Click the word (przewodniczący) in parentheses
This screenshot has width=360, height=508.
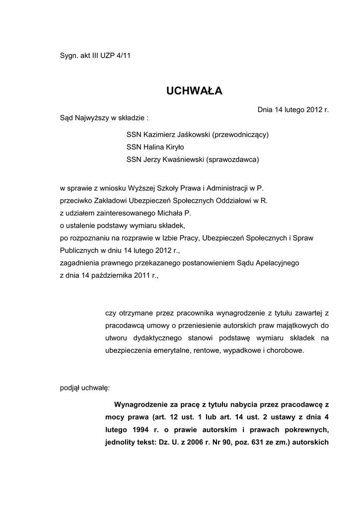[x=240, y=134]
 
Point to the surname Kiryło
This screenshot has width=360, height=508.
[x=186, y=147]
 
